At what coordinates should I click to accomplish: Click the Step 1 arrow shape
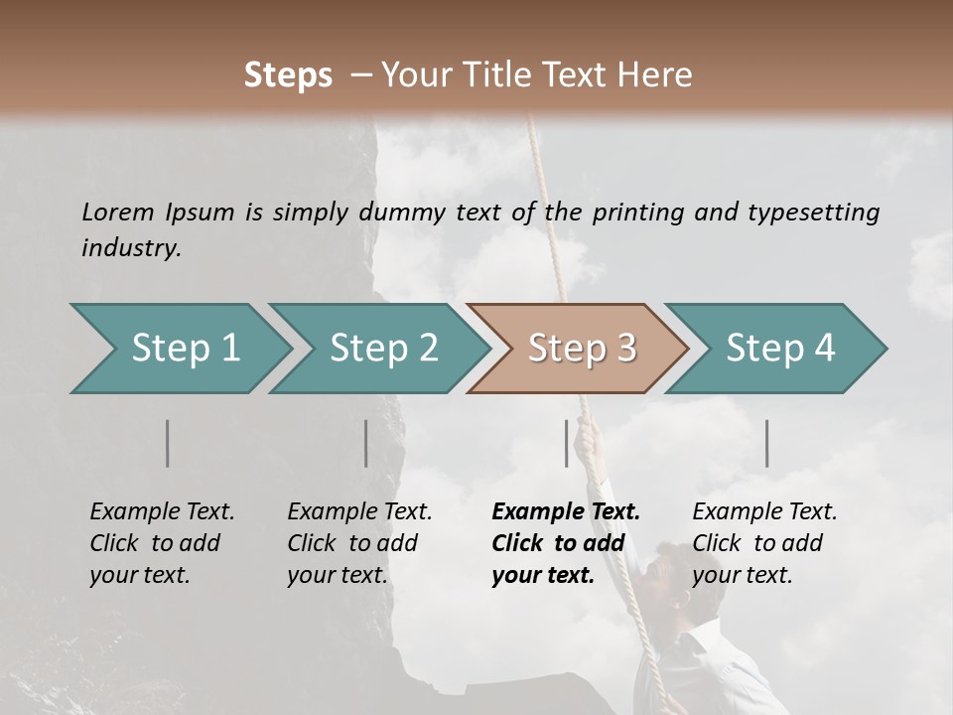coord(179,349)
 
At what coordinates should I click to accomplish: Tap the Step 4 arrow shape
coord(777,349)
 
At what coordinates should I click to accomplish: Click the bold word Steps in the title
coord(288,75)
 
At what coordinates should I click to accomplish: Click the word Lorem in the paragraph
coord(118,212)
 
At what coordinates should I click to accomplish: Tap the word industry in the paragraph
coord(130,247)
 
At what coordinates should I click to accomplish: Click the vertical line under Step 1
coord(168,443)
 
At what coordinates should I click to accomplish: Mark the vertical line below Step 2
coord(366,443)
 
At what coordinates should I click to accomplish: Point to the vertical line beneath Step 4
coord(766,443)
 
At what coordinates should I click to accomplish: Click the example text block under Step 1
coord(162,543)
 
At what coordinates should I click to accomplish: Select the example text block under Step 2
coord(359,543)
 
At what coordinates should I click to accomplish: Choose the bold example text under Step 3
coord(565,543)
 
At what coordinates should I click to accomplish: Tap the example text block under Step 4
coord(764,543)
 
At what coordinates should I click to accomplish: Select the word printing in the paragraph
coord(635,212)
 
